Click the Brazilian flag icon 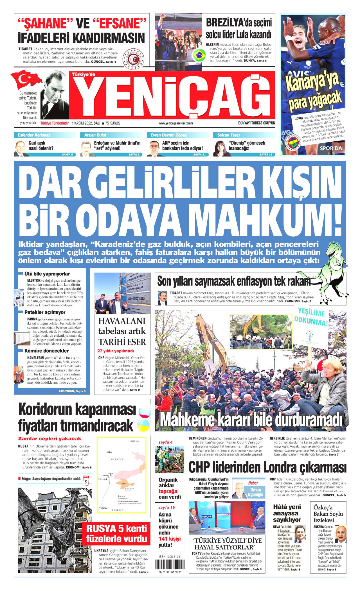199,55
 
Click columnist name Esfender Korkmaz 34,135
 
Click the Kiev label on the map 109,452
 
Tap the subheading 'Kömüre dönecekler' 46,351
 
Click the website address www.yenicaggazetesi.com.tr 176,123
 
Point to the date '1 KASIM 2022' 82,123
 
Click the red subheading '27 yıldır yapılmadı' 116,351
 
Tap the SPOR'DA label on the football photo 331,148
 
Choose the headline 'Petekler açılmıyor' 45,312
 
